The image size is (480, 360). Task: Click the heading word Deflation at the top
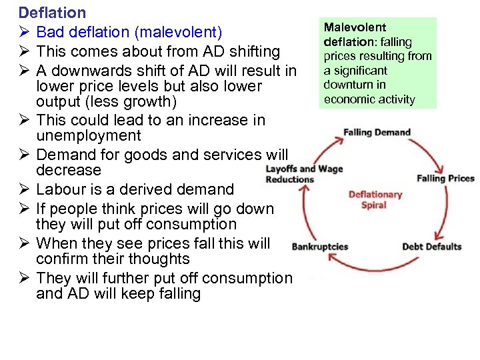[x=52, y=13]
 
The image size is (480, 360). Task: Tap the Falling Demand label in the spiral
[x=377, y=132]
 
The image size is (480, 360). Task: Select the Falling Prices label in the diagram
[x=445, y=178]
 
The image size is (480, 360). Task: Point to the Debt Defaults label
[x=432, y=247]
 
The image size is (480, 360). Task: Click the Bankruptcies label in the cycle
[x=320, y=247]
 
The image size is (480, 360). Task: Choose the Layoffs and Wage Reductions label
[x=303, y=174]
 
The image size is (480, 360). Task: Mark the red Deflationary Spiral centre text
[x=375, y=199]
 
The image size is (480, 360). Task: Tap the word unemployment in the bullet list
[x=89, y=136]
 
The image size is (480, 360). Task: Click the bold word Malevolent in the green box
[x=355, y=27]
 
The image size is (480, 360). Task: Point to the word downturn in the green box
[x=347, y=85]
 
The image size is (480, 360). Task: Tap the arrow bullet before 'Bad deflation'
[x=25, y=32]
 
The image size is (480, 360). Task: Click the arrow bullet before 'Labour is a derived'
[x=25, y=189]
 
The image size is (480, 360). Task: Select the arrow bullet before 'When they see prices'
[x=25, y=243]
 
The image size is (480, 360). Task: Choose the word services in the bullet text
[x=233, y=155]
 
